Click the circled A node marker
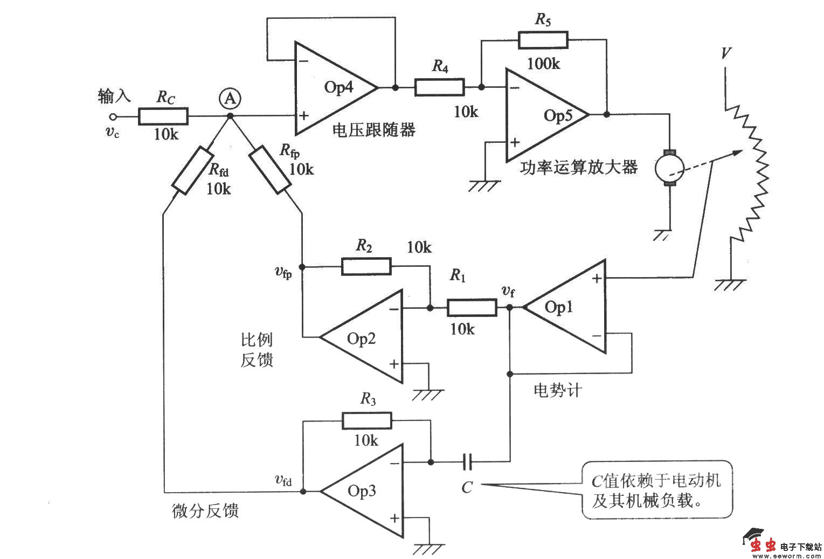click(230, 98)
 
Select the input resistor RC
click(163, 116)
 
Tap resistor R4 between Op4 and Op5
click(439, 87)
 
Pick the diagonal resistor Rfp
click(270, 169)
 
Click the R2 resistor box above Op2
click(366, 266)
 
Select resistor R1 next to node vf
click(472, 308)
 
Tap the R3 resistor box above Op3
click(366, 420)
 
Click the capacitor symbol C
click(468, 461)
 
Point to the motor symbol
click(669, 169)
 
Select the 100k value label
click(543, 64)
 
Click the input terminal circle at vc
click(113, 116)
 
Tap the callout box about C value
click(657, 489)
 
